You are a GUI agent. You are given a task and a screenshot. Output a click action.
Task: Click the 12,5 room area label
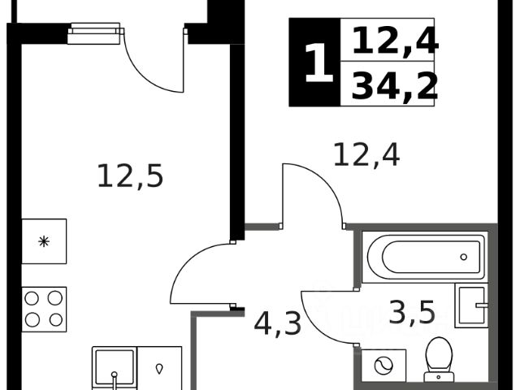[x=130, y=175]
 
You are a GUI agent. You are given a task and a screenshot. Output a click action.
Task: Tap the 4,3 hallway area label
[x=277, y=323]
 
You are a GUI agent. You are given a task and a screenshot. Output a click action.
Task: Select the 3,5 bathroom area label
[x=412, y=312]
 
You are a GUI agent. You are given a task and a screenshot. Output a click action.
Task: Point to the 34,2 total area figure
[x=394, y=86]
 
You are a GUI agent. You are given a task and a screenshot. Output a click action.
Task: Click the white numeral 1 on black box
[x=318, y=63]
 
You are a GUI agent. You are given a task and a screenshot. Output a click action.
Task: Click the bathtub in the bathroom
[x=425, y=257]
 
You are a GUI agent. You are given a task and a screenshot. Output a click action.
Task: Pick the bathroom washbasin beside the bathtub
[x=471, y=306]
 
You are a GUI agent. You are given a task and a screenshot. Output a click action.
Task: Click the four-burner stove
[x=44, y=309]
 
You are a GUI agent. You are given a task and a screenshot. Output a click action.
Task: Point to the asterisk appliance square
[x=44, y=241]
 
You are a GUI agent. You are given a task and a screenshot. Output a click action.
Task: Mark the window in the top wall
[x=94, y=33]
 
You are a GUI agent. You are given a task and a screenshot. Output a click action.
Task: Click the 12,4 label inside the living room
[x=366, y=153]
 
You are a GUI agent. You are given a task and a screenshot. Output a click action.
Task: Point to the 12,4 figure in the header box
[x=394, y=41]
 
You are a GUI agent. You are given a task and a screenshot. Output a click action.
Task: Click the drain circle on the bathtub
[x=464, y=257]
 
